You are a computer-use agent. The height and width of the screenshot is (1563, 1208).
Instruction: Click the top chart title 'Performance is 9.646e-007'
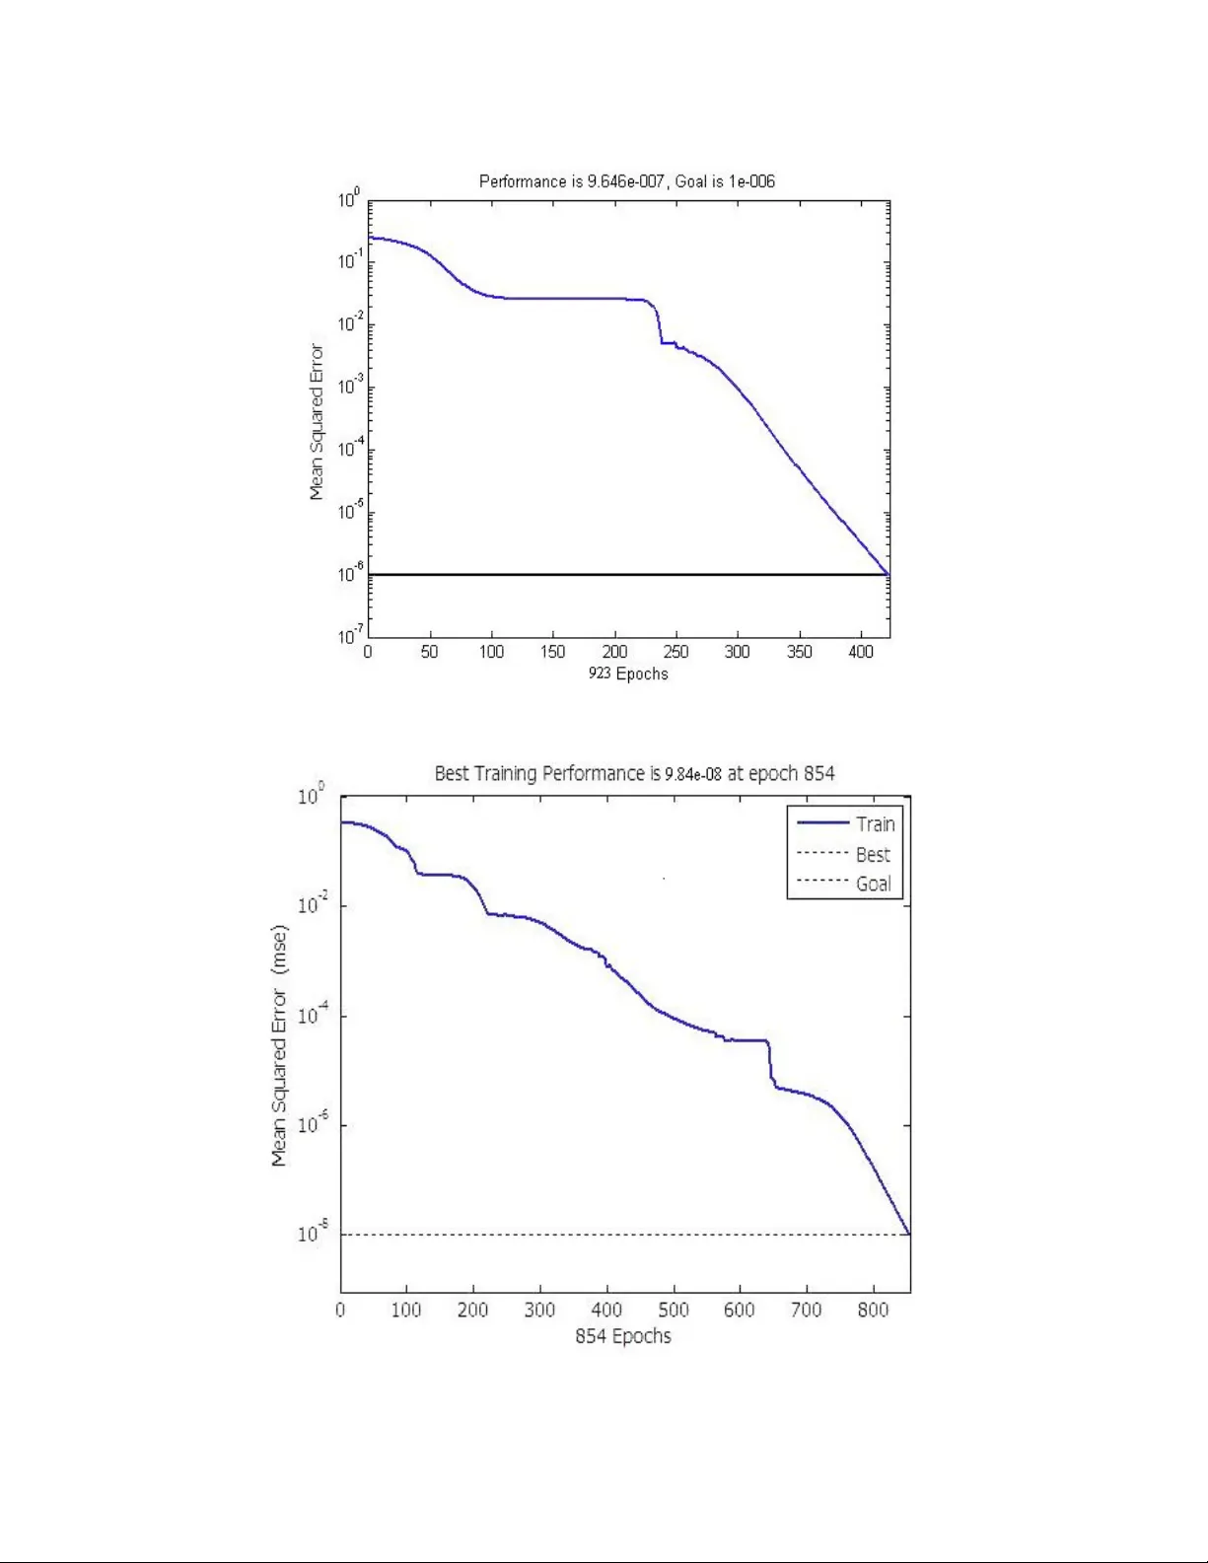[626, 181]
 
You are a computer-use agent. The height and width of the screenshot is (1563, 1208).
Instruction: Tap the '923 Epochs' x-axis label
[628, 674]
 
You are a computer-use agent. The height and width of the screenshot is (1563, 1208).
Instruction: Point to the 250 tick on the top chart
[675, 652]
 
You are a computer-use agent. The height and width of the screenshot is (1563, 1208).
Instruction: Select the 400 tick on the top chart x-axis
[861, 652]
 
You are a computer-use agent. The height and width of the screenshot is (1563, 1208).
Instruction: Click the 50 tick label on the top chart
[429, 652]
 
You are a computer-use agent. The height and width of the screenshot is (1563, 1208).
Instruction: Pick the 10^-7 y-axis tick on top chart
[350, 635]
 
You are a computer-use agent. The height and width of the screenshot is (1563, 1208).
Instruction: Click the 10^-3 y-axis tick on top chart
[350, 386]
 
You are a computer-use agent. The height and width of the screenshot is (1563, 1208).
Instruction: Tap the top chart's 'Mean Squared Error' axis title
[317, 422]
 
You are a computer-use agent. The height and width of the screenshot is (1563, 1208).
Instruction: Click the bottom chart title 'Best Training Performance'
[634, 773]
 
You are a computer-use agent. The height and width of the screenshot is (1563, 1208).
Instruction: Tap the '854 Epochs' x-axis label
[623, 1336]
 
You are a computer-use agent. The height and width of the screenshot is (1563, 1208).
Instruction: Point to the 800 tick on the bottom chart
[873, 1310]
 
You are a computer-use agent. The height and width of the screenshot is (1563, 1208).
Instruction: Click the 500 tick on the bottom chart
[673, 1310]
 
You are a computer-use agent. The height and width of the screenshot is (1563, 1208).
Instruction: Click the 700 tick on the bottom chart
[807, 1310]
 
